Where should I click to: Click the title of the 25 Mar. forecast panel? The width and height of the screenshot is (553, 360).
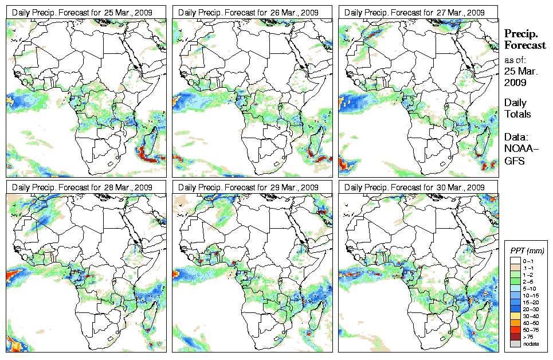[86, 12]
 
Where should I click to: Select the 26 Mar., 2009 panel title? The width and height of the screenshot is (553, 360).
[253, 12]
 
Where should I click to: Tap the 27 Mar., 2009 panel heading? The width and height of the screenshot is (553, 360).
[419, 12]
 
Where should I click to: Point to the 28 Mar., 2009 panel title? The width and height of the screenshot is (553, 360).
[86, 187]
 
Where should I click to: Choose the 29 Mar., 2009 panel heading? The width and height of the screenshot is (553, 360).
[253, 187]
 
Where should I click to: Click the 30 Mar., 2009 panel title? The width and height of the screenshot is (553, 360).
[419, 187]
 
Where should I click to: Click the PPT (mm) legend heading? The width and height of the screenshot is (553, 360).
[527, 251]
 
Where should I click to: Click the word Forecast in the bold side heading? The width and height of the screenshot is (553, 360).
[524, 45]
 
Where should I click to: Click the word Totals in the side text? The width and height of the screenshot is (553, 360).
[517, 114]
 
